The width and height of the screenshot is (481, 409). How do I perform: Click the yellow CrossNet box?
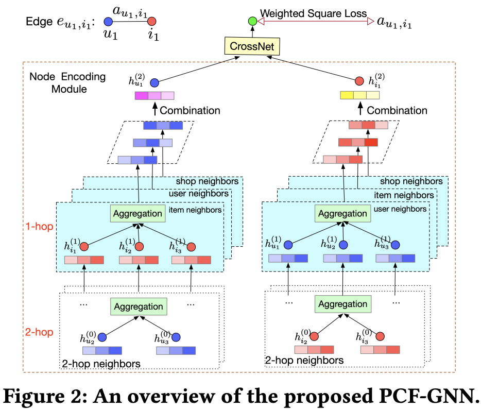(x=252, y=46)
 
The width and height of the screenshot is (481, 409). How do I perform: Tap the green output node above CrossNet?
(x=252, y=21)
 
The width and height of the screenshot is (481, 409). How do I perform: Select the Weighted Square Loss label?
(x=313, y=13)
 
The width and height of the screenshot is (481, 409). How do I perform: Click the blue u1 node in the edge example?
(x=108, y=22)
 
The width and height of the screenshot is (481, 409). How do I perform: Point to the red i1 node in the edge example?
(x=151, y=22)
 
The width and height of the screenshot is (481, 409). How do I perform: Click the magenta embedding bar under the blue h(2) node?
(x=154, y=96)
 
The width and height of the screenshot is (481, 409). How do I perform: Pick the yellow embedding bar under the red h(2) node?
(x=360, y=95)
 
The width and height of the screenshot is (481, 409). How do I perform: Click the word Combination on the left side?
(x=190, y=110)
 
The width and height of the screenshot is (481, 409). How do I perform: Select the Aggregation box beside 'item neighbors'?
(x=138, y=214)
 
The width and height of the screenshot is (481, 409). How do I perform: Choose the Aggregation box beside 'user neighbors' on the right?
(x=342, y=214)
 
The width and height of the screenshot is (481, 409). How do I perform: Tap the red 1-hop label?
(x=39, y=227)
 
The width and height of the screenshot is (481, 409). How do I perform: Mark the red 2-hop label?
(x=39, y=332)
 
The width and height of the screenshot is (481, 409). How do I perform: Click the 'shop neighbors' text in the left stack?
(x=207, y=181)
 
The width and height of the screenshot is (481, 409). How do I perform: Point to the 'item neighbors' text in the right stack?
(x=404, y=195)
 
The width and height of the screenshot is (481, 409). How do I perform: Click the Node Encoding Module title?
(x=67, y=83)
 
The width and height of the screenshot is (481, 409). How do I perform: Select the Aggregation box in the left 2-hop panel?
(x=139, y=306)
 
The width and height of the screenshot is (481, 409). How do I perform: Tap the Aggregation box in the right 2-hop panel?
(x=343, y=304)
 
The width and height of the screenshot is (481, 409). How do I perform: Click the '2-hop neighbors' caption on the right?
(x=304, y=360)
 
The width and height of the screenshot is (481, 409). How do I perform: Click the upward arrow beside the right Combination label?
(x=360, y=109)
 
